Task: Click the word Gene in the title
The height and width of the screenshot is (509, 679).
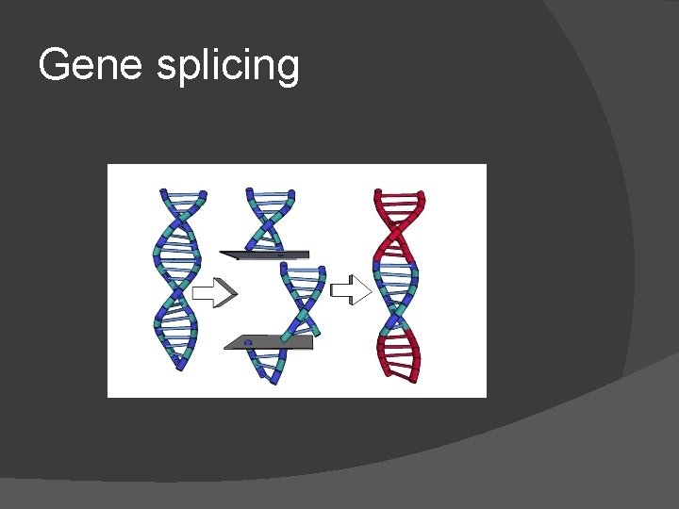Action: (x=88, y=65)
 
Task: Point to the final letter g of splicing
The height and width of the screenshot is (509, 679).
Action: (x=288, y=71)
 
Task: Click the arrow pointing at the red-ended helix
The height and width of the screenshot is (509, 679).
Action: (x=353, y=289)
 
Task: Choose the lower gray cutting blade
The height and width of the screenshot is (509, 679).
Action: (x=268, y=342)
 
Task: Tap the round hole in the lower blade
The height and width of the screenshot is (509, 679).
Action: (x=248, y=342)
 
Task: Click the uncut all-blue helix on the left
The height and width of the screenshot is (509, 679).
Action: (x=178, y=280)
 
